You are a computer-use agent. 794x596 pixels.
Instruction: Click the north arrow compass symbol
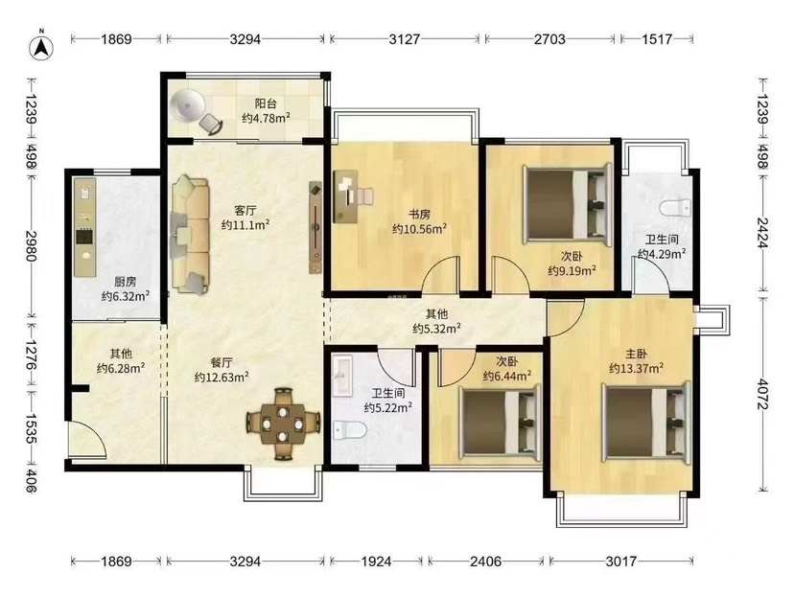42,47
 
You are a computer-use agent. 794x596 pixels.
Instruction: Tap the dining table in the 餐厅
283,424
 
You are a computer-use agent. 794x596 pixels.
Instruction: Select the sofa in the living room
191,235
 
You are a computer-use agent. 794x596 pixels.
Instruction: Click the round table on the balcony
188,105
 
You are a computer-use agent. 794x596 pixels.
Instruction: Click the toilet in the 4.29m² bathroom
675,207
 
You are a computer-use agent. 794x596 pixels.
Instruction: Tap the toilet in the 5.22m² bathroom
350,430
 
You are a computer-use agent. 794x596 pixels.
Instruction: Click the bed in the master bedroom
646,422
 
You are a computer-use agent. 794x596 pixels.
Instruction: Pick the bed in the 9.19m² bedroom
567,204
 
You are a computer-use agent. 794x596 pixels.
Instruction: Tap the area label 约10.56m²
419,229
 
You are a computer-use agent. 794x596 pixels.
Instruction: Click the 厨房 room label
125,282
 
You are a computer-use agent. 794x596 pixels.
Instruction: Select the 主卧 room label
636,355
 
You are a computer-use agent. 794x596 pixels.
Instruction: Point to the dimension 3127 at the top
404,39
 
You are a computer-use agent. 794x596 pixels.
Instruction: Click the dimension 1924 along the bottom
376,562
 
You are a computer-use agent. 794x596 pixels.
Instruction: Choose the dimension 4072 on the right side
762,393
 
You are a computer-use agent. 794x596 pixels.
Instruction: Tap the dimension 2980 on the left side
32,246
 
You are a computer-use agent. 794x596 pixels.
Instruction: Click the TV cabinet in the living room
315,228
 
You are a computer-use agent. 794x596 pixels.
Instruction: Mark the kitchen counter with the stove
84,227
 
